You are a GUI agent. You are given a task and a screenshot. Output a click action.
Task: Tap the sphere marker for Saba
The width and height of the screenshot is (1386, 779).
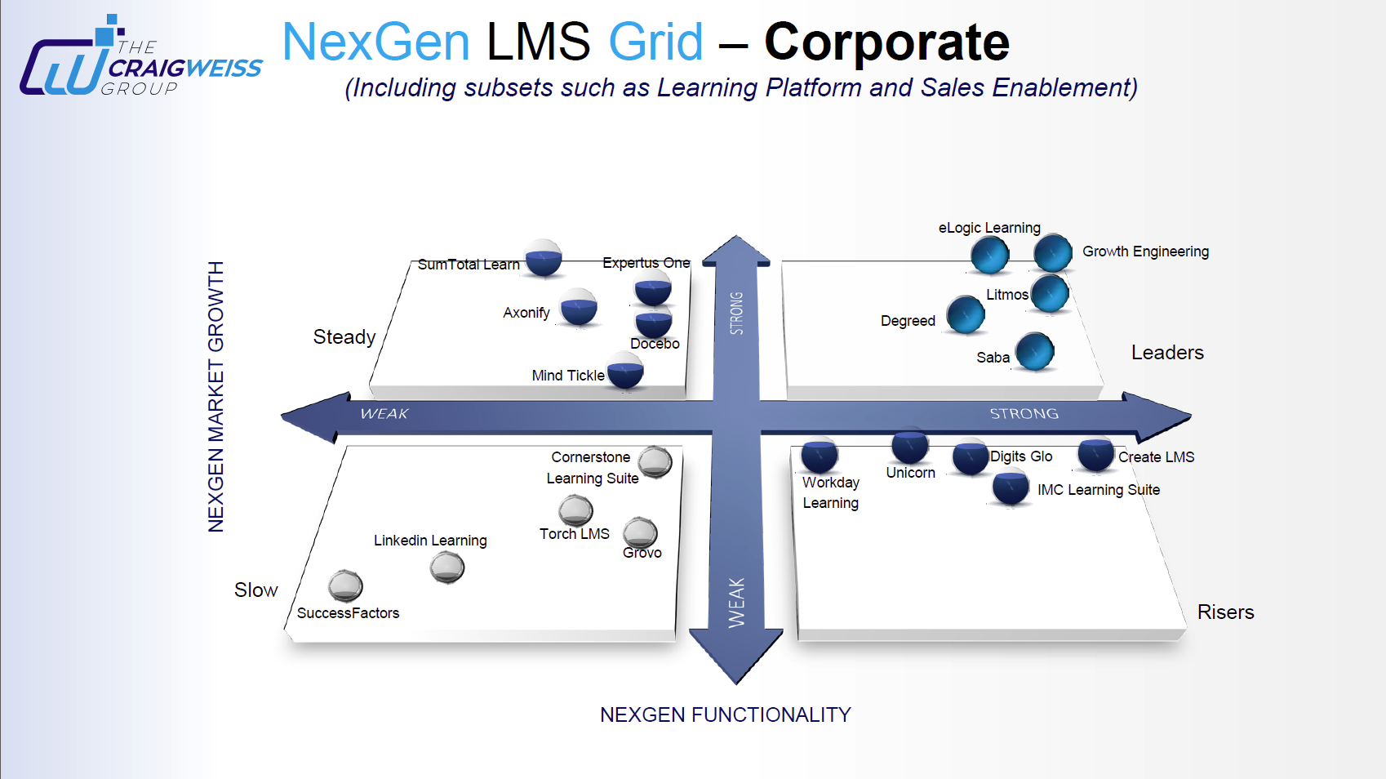pyautogui.click(x=1035, y=352)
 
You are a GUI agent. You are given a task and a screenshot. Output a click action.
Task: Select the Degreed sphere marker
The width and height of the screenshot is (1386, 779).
pyautogui.click(x=966, y=315)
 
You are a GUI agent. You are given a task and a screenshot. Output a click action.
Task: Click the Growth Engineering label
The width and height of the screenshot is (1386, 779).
pyautogui.click(x=1145, y=252)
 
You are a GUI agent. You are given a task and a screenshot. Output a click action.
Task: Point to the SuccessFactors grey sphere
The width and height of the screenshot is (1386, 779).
pyautogui.click(x=345, y=585)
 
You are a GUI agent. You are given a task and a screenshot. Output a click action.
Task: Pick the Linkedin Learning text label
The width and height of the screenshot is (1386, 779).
pyautogui.click(x=430, y=541)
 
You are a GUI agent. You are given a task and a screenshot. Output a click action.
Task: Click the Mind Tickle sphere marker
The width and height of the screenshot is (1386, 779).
pyautogui.click(x=625, y=371)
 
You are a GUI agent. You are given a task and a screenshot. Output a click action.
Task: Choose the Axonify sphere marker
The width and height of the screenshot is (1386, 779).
pyautogui.click(x=579, y=307)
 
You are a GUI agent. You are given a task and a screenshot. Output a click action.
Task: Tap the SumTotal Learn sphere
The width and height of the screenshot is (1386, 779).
pyautogui.click(x=544, y=259)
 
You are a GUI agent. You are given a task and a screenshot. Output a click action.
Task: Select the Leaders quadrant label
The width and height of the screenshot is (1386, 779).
pyautogui.click(x=1167, y=353)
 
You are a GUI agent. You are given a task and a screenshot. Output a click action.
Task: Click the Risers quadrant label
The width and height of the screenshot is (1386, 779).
pyautogui.click(x=1225, y=612)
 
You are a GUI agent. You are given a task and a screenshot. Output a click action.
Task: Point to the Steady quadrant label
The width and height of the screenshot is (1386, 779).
pyautogui.click(x=344, y=337)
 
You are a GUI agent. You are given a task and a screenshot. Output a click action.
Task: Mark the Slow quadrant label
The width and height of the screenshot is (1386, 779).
pyautogui.click(x=255, y=590)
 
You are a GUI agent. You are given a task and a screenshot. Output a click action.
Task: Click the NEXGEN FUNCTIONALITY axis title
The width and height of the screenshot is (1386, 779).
pyautogui.click(x=725, y=715)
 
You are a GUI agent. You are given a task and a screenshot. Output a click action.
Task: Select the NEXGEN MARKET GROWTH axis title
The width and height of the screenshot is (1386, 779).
pyautogui.click(x=215, y=397)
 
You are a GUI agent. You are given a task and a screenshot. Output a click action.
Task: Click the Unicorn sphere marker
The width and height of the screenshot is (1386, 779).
pyautogui.click(x=909, y=446)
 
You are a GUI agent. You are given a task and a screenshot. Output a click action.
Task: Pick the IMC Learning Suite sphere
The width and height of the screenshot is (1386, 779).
pyautogui.click(x=1011, y=487)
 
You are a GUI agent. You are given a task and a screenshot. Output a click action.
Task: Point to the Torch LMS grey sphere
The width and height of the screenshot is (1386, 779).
pyautogui.click(x=575, y=511)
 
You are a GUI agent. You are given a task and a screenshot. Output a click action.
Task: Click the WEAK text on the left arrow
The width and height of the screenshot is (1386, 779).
pyautogui.click(x=384, y=414)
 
